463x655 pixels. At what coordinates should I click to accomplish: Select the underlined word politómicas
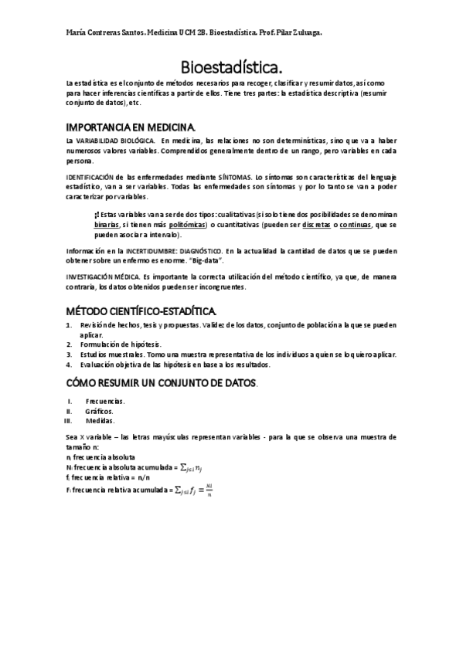click(x=190, y=224)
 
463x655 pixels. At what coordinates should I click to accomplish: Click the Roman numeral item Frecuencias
click(x=105, y=401)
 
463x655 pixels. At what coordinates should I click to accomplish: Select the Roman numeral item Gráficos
click(x=100, y=411)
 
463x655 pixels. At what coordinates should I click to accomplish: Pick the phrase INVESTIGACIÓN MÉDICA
click(x=103, y=276)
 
